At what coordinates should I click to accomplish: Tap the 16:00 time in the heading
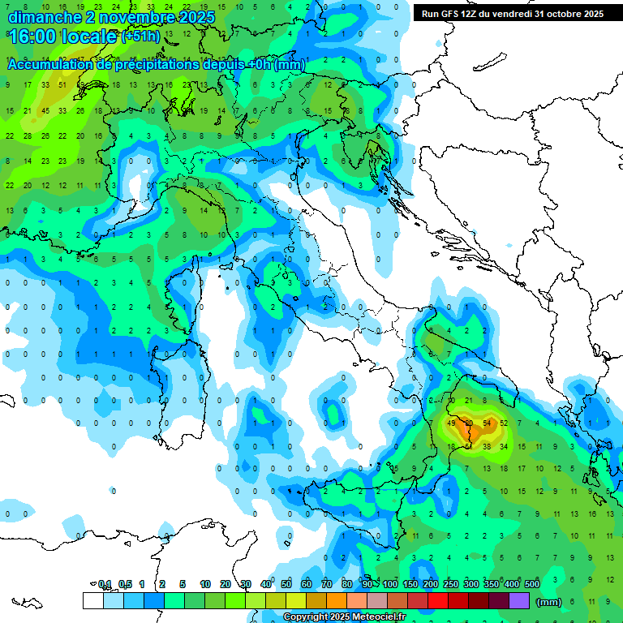pyautogui.click(x=34, y=37)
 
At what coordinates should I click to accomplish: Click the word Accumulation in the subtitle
pyautogui.click(x=53, y=65)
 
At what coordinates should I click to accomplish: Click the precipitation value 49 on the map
pyautogui.click(x=452, y=423)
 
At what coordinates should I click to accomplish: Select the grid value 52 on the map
pyautogui.click(x=504, y=423)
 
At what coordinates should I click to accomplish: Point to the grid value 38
pyautogui.click(x=487, y=446)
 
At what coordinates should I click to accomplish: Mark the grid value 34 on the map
pyautogui.click(x=504, y=446)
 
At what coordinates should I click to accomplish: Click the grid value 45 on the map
pyautogui.click(x=45, y=111)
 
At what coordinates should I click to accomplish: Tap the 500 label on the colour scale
pyautogui.click(x=532, y=584)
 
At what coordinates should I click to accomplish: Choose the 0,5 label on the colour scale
pyautogui.click(x=126, y=584)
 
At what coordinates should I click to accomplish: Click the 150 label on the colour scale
pyautogui.click(x=410, y=584)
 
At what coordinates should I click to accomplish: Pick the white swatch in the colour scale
pyautogui.click(x=92, y=600)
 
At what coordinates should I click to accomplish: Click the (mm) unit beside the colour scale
pyautogui.click(x=549, y=602)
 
